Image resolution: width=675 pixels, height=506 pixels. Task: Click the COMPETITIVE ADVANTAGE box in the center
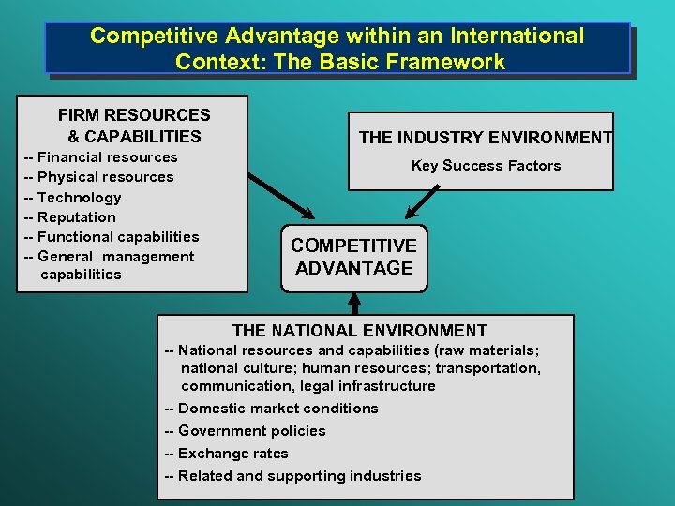(x=354, y=257)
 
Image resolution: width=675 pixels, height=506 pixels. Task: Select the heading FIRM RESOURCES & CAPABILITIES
(x=134, y=126)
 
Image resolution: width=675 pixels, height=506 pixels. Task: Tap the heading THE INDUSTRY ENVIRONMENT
(x=485, y=138)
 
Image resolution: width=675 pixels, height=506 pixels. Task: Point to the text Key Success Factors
(x=486, y=166)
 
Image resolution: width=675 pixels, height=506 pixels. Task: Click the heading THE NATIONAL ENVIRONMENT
(x=359, y=331)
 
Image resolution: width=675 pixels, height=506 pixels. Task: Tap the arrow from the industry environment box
(x=424, y=201)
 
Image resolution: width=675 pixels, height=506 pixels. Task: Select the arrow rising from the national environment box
(x=354, y=303)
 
